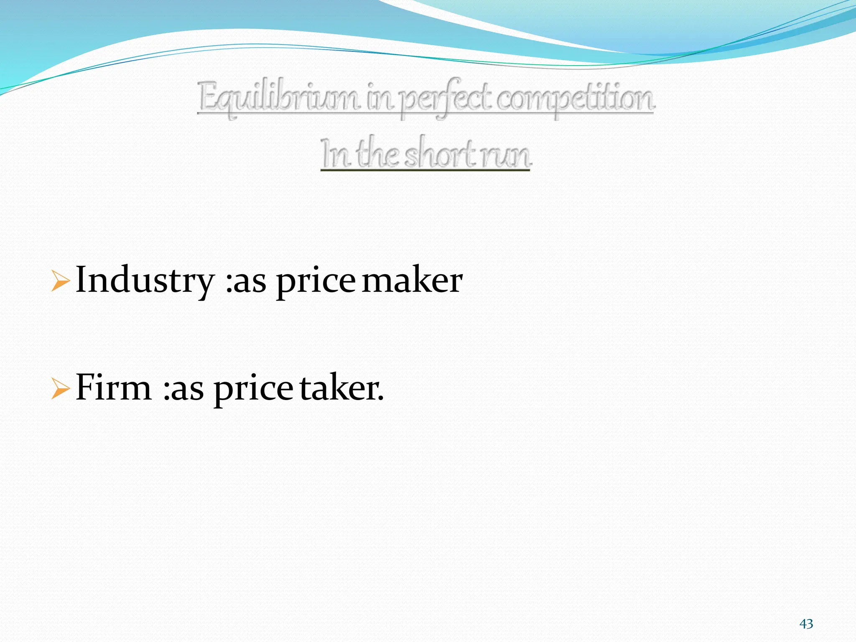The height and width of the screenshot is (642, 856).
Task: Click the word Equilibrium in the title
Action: click(x=278, y=98)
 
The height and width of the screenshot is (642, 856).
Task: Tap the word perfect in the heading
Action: click(x=446, y=99)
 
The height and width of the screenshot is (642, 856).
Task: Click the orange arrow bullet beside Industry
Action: click(x=60, y=280)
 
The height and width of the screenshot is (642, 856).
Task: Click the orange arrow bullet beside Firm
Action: click(x=60, y=388)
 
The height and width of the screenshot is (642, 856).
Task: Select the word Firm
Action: click(x=114, y=387)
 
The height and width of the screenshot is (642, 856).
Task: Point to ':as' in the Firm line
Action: click(x=183, y=389)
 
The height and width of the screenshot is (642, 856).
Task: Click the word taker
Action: click(x=341, y=388)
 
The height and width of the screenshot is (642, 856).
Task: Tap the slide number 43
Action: click(x=806, y=624)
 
